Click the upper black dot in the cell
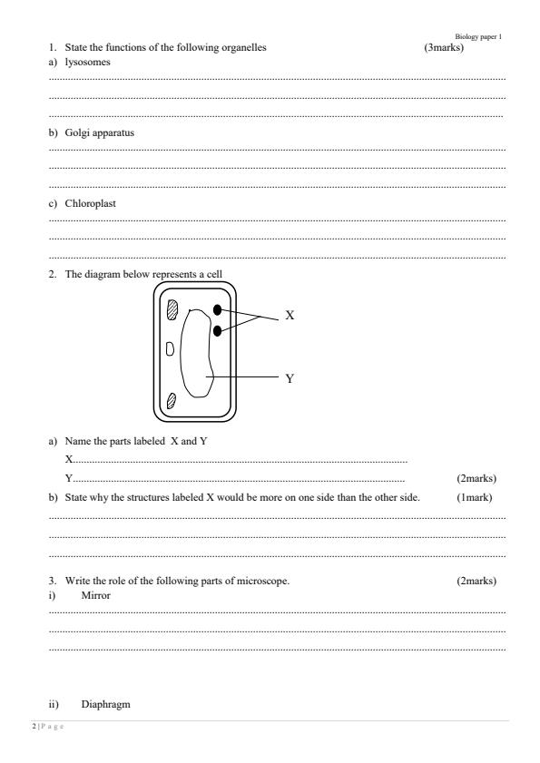click(218, 310)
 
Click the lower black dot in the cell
click(218, 330)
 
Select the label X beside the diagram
click(290, 316)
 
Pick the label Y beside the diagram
click(290, 379)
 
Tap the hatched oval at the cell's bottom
click(172, 398)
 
